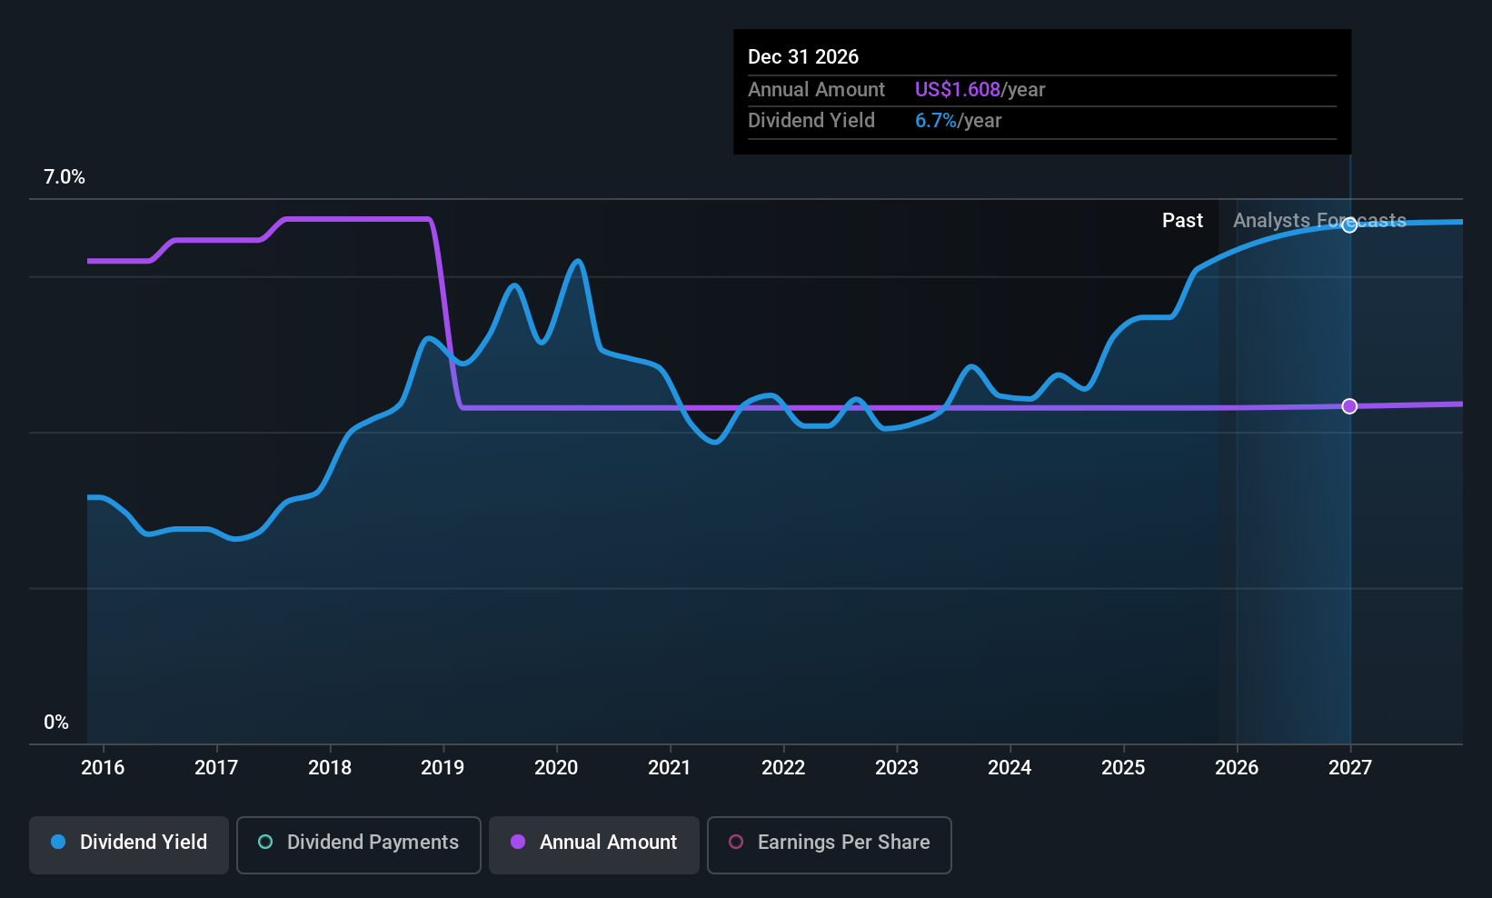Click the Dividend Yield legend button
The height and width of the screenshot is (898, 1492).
pos(128,844)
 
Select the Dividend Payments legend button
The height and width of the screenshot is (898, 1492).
pos(358,844)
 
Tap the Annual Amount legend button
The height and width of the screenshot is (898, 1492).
pos(594,844)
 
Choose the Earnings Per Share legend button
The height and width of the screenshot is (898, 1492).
pos(830,844)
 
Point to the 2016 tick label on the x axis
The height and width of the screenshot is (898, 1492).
pos(104,767)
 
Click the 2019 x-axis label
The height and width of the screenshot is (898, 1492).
pos(443,767)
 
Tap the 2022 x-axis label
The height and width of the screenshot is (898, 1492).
pos(783,767)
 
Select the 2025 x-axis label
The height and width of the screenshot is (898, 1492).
pos(1123,767)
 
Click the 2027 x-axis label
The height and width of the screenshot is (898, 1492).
pos(1350,767)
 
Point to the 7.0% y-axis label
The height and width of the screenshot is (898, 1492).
pos(65,177)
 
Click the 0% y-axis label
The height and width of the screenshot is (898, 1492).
pos(56,723)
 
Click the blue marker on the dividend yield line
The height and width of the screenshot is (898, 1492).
pos(1349,225)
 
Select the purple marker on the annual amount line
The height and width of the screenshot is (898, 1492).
pos(1349,406)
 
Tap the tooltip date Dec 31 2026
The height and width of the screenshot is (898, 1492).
pos(803,57)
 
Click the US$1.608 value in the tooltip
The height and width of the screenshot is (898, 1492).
pos(958,89)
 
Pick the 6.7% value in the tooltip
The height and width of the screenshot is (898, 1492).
pos(936,121)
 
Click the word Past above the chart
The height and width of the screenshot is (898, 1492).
pos(1182,221)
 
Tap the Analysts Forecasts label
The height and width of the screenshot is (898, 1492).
pos(1319,221)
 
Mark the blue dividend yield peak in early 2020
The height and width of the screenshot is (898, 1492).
pos(578,261)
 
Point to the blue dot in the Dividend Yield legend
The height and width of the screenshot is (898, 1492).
pos(59,842)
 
